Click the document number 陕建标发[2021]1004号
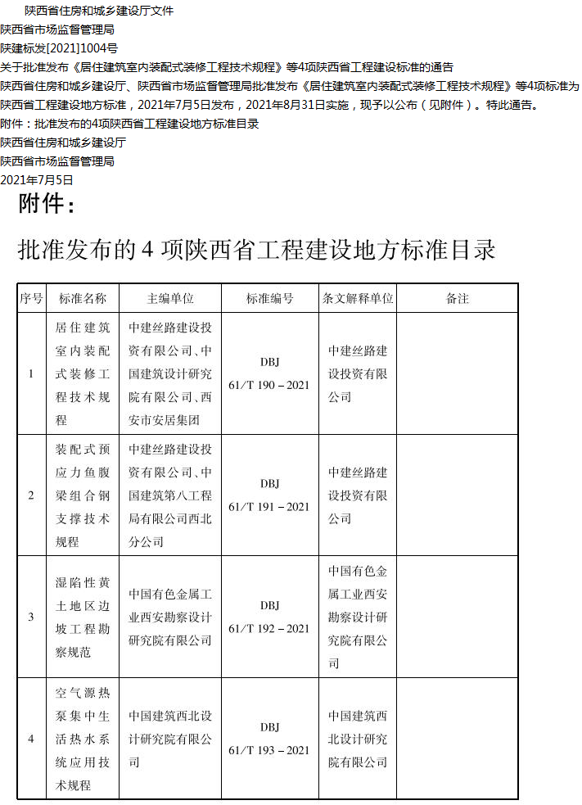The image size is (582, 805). pyautogui.click(x=59, y=48)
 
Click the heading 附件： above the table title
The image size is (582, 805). pyautogui.click(x=47, y=203)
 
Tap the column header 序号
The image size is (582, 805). pyautogui.click(x=31, y=299)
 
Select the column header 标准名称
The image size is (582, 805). pyautogui.click(x=82, y=299)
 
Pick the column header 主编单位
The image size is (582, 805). pyautogui.click(x=170, y=299)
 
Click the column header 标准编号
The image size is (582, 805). pyautogui.click(x=269, y=299)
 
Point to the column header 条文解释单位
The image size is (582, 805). pyautogui.click(x=358, y=299)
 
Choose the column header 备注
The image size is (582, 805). pyautogui.click(x=458, y=299)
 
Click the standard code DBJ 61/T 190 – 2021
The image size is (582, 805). pyautogui.click(x=269, y=373)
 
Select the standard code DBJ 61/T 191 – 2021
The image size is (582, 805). pyautogui.click(x=269, y=495)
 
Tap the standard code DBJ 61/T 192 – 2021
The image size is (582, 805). pyautogui.click(x=269, y=617)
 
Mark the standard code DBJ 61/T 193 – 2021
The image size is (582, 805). pyautogui.click(x=269, y=739)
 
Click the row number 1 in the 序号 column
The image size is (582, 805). pyautogui.click(x=31, y=374)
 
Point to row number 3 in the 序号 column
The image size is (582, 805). pyautogui.click(x=31, y=617)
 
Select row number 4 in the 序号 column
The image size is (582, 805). pyautogui.click(x=31, y=739)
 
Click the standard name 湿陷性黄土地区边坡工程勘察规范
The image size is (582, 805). pyautogui.click(x=82, y=617)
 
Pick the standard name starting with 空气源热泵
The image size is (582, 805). pyautogui.click(x=82, y=739)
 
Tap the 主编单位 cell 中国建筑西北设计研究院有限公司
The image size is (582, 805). pyautogui.click(x=170, y=739)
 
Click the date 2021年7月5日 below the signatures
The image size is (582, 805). pyautogui.click(x=37, y=180)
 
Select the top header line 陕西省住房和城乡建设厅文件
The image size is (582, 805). pyautogui.click(x=99, y=11)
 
